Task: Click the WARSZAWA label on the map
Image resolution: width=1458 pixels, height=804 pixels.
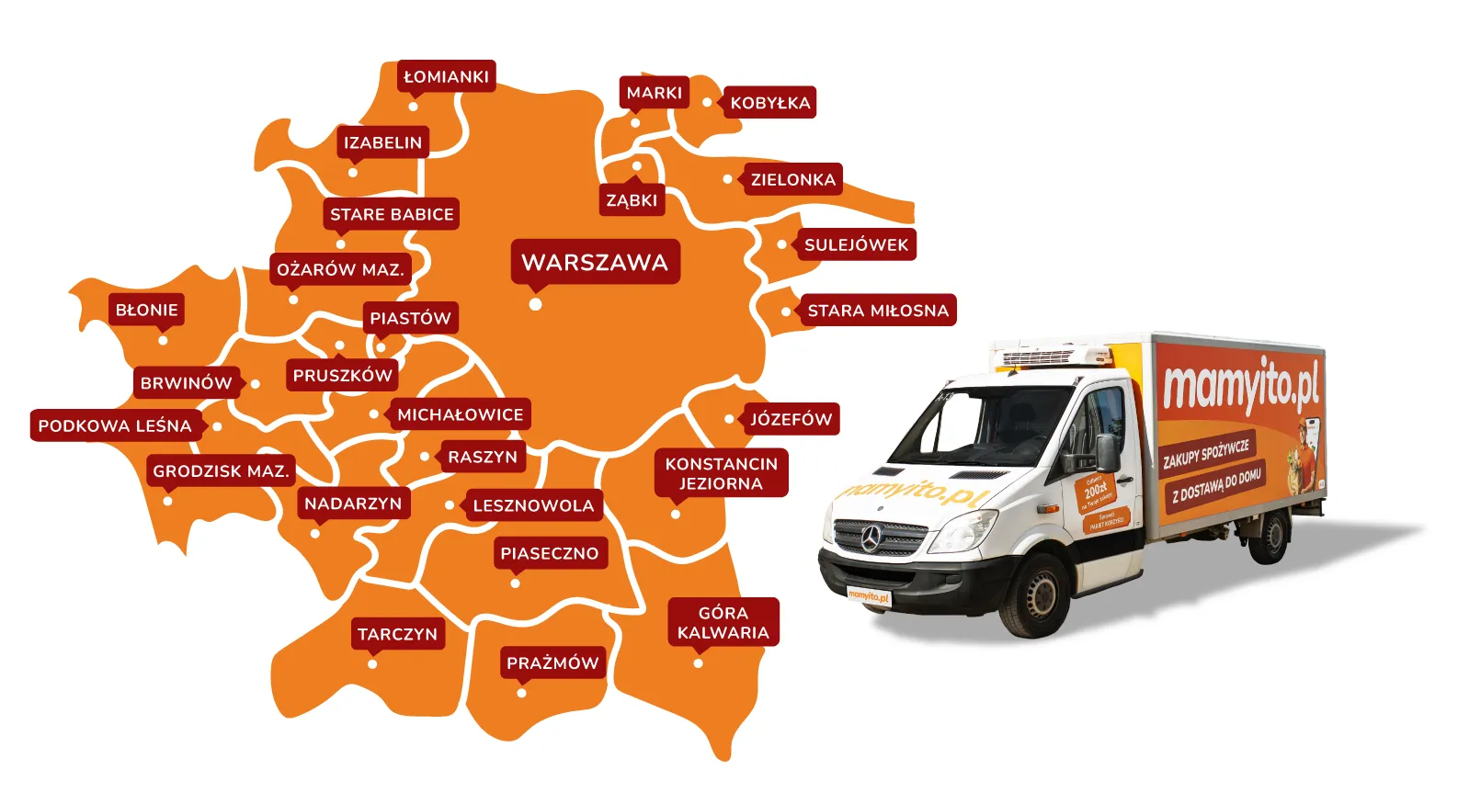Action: (x=595, y=262)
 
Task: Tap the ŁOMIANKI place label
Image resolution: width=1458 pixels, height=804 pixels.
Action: (x=447, y=76)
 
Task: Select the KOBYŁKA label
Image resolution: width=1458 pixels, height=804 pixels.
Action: (x=770, y=103)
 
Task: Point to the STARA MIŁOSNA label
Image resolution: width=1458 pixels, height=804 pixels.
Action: (x=877, y=311)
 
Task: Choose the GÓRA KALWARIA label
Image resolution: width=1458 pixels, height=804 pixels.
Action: (x=723, y=622)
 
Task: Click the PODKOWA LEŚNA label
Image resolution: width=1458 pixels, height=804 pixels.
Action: (x=115, y=425)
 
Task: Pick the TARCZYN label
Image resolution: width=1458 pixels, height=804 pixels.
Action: (x=397, y=634)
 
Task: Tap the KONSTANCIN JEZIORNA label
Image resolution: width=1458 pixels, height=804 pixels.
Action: (x=722, y=473)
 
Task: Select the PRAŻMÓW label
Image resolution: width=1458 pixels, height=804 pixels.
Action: (x=552, y=662)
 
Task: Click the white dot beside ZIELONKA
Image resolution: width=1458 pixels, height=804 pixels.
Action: (x=728, y=179)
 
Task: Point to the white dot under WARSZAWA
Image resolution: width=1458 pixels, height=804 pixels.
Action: (x=535, y=304)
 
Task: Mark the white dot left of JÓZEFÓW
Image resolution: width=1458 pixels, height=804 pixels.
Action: (x=730, y=419)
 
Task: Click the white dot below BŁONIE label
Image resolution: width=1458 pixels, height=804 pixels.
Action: (x=163, y=340)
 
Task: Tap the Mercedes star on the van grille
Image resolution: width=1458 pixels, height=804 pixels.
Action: (x=871, y=539)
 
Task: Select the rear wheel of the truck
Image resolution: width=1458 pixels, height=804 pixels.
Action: (x=1272, y=537)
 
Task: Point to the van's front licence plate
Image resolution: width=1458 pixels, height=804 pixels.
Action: (x=869, y=595)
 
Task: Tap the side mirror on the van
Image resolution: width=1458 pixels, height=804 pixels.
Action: (x=1107, y=451)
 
